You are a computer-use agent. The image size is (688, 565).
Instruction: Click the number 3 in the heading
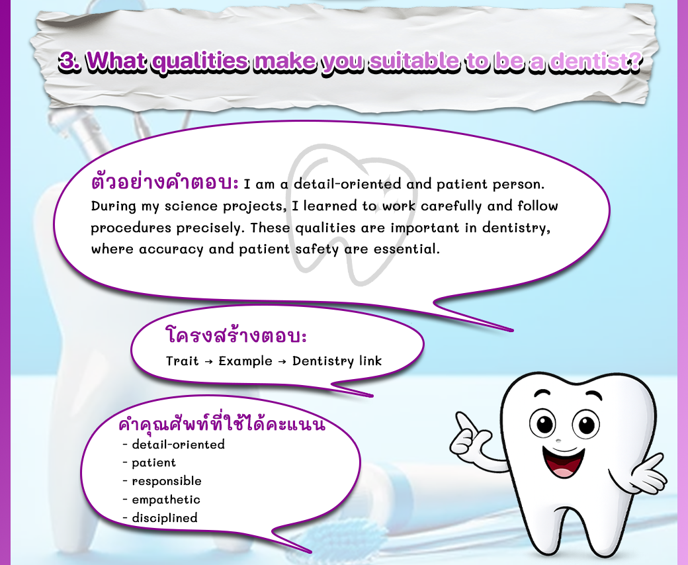[x=67, y=61]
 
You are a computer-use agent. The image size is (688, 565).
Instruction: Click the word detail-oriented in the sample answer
[x=347, y=184]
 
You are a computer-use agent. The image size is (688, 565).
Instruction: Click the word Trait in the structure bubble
[x=182, y=361]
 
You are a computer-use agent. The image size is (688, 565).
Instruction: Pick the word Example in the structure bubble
[x=245, y=361]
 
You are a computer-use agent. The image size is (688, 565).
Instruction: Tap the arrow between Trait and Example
[x=208, y=361]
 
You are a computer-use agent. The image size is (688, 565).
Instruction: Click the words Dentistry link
[x=337, y=361]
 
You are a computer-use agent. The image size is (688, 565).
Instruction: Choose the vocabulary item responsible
[x=167, y=481]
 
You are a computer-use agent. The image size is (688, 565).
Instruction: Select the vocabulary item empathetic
[x=166, y=500]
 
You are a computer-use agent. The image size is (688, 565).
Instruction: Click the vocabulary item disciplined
[x=165, y=518]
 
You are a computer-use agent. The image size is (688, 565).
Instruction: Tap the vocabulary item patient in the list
[x=153, y=463]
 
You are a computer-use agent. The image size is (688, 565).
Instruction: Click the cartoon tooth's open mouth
[x=564, y=462]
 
